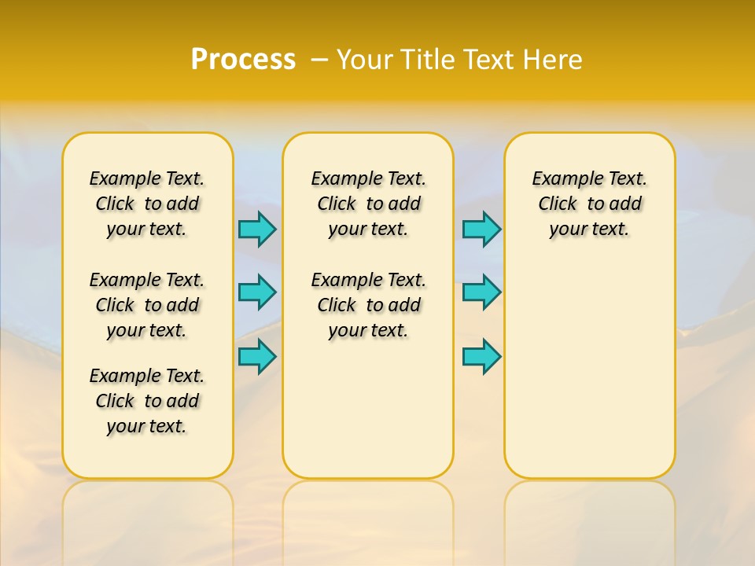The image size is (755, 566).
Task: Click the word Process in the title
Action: click(x=243, y=60)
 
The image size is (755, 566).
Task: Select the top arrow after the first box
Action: click(x=257, y=229)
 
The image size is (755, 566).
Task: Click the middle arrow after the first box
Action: click(x=257, y=292)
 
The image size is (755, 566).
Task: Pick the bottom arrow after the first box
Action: click(x=257, y=356)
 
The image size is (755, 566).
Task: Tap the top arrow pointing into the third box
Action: click(x=481, y=229)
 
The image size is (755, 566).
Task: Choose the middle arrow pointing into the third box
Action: click(x=481, y=292)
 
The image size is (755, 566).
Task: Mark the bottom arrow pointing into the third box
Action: click(x=481, y=356)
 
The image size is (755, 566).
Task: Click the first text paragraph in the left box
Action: click(x=147, y=204)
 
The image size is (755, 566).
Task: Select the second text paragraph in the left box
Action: click(x=147, y=305)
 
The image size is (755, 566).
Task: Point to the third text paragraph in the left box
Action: click(x=147, y=401)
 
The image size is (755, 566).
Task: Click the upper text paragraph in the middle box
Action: click(x=368, y=204)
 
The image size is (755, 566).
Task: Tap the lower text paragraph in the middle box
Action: click(x=368, y=305)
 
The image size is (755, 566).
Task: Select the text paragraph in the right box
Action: click(x=589, y=204)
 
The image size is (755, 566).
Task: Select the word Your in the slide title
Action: click(x=366, y=60)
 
